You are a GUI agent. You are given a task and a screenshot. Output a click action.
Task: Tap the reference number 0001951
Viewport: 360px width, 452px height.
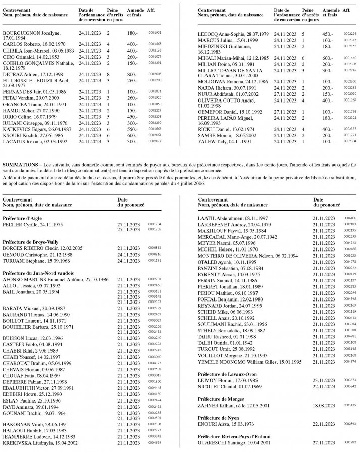point(155,32)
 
